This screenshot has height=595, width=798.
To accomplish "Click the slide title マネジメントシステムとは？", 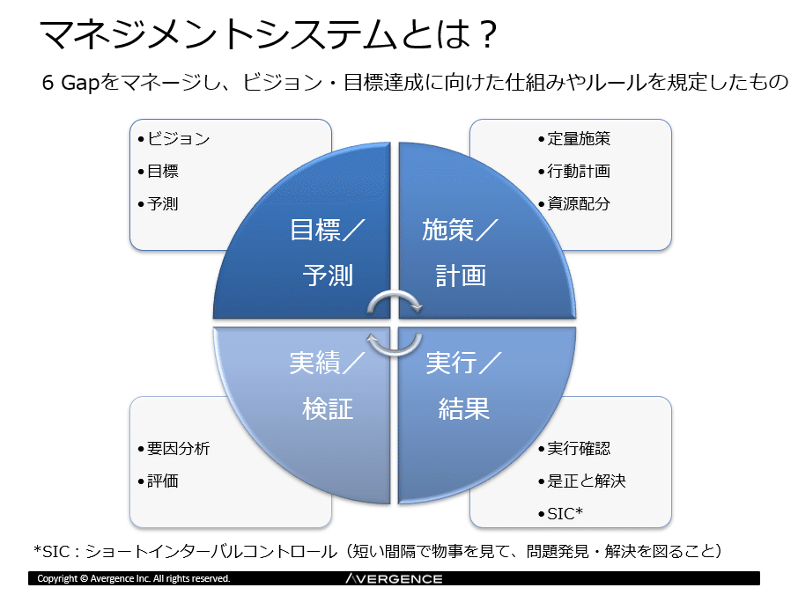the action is point(269,34).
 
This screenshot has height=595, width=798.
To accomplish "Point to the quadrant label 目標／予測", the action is point(328,253).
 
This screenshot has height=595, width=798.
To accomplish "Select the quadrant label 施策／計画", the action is point(460,253).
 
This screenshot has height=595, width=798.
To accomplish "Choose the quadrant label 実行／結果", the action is point(463,386).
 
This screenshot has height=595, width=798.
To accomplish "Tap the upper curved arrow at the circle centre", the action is point(395,295).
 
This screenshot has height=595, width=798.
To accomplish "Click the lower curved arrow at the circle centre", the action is point(395,352).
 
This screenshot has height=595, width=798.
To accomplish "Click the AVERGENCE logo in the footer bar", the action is point(394,579).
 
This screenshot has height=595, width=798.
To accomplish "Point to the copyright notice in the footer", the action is point(134,579).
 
